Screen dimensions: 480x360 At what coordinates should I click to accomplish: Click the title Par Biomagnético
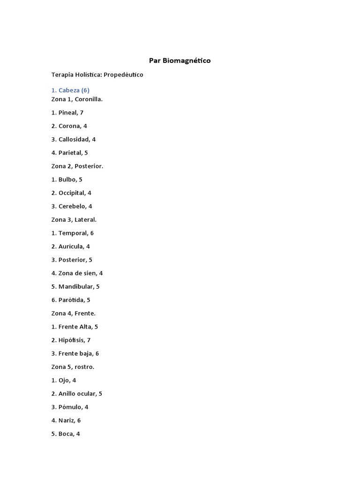point(180,60)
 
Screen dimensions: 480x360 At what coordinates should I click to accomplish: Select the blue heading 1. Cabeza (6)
point(70,90)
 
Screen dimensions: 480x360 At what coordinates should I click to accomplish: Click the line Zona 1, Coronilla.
point(77,99)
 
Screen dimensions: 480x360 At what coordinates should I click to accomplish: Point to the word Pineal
point(68,112)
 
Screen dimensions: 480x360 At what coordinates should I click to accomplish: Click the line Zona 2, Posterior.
point(77,166)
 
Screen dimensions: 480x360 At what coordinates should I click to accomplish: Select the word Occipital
point(72,193)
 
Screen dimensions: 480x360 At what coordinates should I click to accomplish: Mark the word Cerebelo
point(72,206)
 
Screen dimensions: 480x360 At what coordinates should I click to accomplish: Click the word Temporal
point(73,233)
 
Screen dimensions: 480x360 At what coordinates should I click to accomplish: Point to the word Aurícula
point(71,247)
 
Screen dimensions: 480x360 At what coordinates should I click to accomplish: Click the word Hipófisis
point(72,340)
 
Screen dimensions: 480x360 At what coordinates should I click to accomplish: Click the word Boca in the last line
point(66,434)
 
